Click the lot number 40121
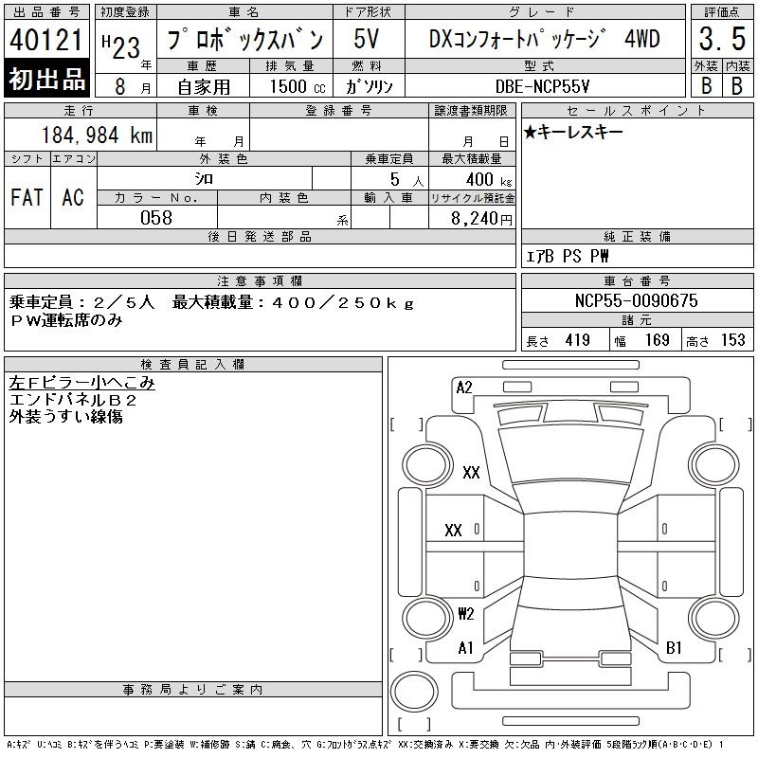(x=45, y=40)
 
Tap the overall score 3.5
(x=722, y=39)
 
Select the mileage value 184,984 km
(x=98, y=135)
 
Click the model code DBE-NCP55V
(x=542, y=86)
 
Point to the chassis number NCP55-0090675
(x=636, y=300)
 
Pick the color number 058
(x=156, y=218)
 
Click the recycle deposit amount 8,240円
(x=481, y=219)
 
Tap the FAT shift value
(x=27, y=197)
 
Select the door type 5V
(x=367, y=39)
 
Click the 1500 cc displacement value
(x=298, y=86)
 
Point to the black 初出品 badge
(x=46, y=79)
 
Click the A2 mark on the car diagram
(x=464, y=388)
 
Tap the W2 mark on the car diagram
(x=466, y=613)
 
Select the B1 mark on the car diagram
(x=674, y=647)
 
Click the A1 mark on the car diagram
(x=465, y=647)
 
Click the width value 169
(x=657, y=340)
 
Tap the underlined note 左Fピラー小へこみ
(x=81, y=383)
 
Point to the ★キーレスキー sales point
(x=573, y=132)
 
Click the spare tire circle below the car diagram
(x=414, y=692)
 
